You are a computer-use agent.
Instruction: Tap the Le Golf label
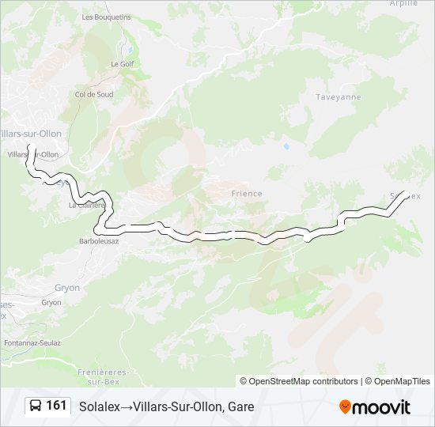pos(122,63)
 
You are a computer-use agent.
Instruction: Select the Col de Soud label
pos(94,94)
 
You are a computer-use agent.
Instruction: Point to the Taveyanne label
pos(339,96)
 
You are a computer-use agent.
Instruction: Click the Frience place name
pos(246,193)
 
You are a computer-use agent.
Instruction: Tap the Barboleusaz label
pos(99,241)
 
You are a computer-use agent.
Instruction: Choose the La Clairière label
pos(87,205)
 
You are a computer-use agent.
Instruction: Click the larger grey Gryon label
pos(66,288)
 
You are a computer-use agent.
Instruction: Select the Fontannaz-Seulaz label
pos(32,342)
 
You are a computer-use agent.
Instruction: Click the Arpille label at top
pos(403,4)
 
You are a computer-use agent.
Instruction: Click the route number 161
pos(56,406)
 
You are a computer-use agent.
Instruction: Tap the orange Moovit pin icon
pos(345,407)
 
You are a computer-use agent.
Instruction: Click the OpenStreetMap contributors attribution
pos(304,381)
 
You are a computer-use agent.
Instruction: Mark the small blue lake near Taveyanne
pos(286,146)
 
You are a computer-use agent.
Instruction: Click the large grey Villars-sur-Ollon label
pos(32,134)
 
